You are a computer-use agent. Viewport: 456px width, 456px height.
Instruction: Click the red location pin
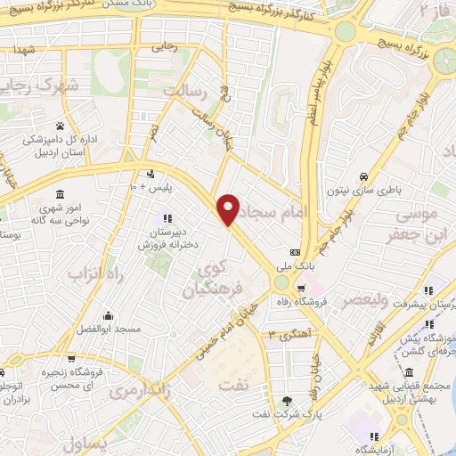coord(230,208)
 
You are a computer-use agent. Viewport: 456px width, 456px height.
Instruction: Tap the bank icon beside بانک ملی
coord(295,251)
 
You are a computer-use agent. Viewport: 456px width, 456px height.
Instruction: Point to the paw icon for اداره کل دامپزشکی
coord(60,126)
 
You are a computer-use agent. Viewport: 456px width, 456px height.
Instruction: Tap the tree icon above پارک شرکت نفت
coord(287,402)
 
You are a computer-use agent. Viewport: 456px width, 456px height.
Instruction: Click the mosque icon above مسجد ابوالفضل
coord(108,315)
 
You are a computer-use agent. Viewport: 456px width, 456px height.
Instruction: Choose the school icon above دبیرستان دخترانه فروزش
coord(166,219)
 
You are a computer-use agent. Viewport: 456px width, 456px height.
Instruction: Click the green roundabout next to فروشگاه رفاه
coord(282,282)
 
